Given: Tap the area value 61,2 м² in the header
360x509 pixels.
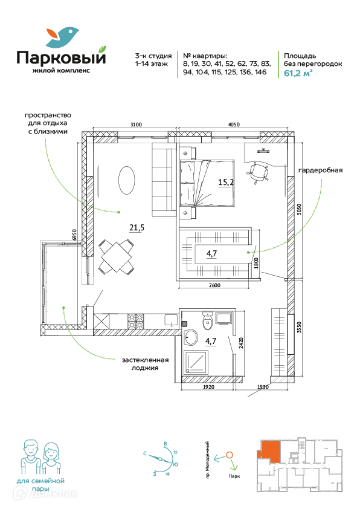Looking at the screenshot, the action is click(298, 73).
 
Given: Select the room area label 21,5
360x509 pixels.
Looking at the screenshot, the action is click(137, 228).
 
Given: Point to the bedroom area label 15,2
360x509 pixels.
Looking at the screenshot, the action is click(226, 182).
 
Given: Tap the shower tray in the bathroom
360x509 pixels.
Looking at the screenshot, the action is click(196, 362).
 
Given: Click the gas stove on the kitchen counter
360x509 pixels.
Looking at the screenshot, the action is click(135, 321).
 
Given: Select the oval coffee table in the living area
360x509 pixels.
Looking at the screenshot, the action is click(126, 181).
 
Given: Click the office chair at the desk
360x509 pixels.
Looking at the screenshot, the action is click(259, 173).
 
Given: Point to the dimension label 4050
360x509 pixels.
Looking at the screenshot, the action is click(234, 125).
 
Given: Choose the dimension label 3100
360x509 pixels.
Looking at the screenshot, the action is click(136, 125).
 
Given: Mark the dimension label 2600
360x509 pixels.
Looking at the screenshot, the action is click(214, 285).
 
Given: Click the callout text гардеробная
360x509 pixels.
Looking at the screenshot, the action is click(320, 170).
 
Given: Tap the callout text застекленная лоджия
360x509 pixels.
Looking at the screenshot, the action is click(146, 364).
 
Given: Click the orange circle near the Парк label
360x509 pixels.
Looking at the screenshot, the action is click(230, 455).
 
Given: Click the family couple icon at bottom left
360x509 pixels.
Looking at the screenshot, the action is click(41, 458).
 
